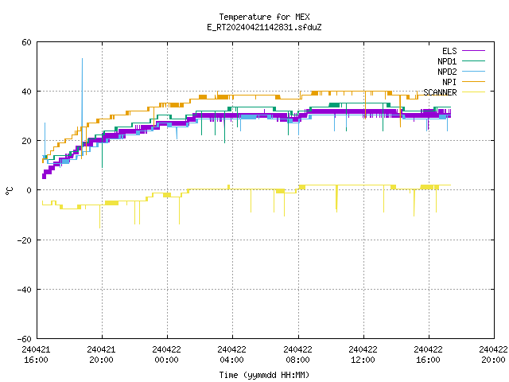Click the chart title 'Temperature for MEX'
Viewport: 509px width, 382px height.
tap(264, 17)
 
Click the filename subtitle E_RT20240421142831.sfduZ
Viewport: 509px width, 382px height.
tap(264, 27)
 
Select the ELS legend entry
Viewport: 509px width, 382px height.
tap(463, 51)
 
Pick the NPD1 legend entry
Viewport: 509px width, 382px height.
tap(461, 61)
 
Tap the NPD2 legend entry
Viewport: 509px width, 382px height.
tap(461, 72)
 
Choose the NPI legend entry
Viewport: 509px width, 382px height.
tap(463, 82)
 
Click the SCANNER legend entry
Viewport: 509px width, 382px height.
tap(454, 92)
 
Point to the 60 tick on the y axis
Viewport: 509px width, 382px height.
tap(26, 42)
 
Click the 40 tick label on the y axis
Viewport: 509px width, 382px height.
tap(26, 92)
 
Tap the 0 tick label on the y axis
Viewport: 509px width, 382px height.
tap(29, 190)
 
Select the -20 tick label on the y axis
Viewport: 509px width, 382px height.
tap(25, 240)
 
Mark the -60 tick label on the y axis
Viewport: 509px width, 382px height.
tap(25, 339)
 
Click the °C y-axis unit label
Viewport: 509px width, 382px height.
tap(9, 191)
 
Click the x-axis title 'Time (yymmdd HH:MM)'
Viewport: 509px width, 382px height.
tap(264, 375)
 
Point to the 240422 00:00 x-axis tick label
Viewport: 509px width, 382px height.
tap(166, 355)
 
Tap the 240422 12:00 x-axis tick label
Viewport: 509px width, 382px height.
tap(363, 355)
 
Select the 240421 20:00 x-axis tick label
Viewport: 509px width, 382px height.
tap(101, 355)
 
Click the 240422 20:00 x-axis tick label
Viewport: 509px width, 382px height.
tap(493, 355)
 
